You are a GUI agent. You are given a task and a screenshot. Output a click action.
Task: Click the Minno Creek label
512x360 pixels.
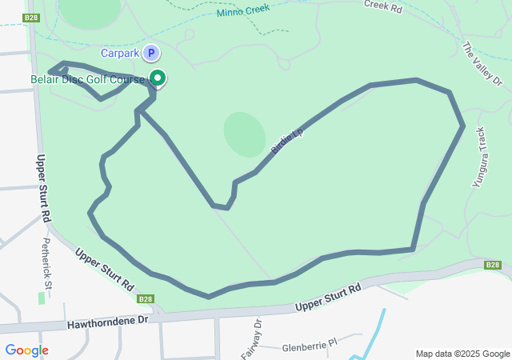click(x=242, y=11)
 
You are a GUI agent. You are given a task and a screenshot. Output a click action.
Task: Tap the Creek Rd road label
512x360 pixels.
click(x=382, y=6)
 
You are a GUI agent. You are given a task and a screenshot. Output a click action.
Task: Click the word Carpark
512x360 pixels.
click(x=120, y=54)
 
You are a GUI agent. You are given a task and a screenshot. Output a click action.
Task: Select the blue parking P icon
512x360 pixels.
click(x=150, y=54)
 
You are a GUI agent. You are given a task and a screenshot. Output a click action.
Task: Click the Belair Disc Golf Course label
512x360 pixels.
click(x=88, y=79)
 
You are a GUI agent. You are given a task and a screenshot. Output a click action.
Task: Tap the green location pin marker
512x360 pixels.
click(x=158, y=78)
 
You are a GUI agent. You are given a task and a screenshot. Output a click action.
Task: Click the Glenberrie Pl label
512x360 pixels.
click(x=311, y=349)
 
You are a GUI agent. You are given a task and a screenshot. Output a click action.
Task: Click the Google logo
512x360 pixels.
click(x=26, y=350)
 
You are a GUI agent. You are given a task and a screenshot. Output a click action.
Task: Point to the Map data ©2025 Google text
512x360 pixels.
click(x=462, y=354)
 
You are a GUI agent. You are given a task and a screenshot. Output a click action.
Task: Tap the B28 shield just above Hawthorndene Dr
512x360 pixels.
click(x=145, y=299)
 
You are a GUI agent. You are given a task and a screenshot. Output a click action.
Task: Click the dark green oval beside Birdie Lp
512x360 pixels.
click(x=244, y=134)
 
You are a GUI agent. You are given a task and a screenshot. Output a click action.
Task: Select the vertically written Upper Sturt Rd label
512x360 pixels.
click(x=44, y=189)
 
